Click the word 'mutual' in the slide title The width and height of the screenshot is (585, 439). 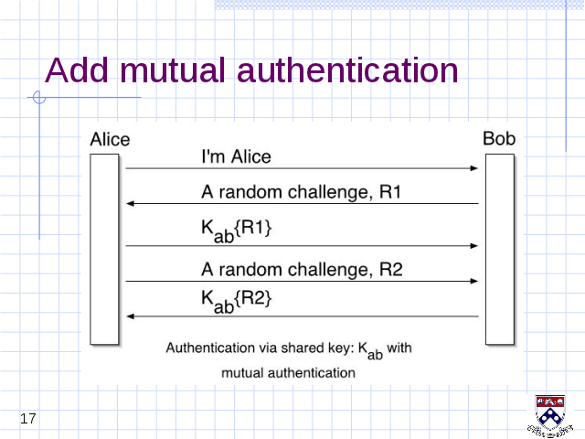pos(173,70)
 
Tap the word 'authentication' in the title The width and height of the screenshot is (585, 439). pos(347,70)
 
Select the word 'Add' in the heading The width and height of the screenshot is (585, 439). pos(77,70)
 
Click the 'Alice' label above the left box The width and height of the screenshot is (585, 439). pos(110,140)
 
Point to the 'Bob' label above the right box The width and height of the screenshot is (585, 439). pos(499,138)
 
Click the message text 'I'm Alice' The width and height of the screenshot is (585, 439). pos(236,156)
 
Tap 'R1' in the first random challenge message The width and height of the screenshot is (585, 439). pos(390,192)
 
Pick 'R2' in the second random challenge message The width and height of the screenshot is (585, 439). pos(391,269)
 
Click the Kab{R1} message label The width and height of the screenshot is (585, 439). pos(237,231)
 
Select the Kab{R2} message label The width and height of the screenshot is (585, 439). pos(237,302)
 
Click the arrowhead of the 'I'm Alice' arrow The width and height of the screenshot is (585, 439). pos(474,168)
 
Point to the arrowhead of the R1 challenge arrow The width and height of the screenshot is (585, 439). pos(130,203)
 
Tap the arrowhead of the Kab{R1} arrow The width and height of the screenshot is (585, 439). pos(474,246)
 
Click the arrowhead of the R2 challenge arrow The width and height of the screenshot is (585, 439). pos(474,281)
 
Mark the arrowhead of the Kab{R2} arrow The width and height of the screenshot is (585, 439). pos(130,316)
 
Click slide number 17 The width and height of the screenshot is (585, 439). pos(28,419)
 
